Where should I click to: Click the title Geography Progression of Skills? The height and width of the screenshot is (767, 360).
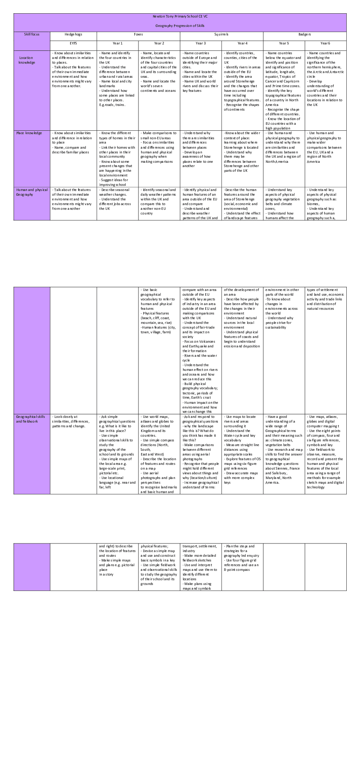coord(180,26)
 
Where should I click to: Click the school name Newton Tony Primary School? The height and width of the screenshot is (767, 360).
coord(180,16)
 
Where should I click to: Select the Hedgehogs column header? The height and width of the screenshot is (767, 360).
coord(73,34)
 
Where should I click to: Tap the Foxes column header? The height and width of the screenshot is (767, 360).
coord(138,34)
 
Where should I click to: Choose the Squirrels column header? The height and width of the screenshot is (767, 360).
coord(221,34)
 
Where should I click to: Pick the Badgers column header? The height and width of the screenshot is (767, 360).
coord(304,34)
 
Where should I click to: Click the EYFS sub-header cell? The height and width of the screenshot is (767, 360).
coord(73,43)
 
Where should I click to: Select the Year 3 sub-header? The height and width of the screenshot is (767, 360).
coord(201,43)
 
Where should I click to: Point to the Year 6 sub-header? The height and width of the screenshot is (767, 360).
coord(325,43)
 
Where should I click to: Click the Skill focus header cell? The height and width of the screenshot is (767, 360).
coord(32,34)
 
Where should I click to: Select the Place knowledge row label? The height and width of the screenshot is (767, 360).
coord(29,133)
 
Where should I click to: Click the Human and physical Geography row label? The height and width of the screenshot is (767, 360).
coord(32,192)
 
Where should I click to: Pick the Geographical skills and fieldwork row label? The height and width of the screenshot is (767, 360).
coord(30,419)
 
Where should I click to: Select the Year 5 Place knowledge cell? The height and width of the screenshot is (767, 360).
coord(283,147)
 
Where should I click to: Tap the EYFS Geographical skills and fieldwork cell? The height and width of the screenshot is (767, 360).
coord(73,421)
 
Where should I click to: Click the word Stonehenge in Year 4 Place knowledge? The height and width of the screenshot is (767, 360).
coord(233,147)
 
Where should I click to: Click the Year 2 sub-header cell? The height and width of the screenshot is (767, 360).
coord(159,43)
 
